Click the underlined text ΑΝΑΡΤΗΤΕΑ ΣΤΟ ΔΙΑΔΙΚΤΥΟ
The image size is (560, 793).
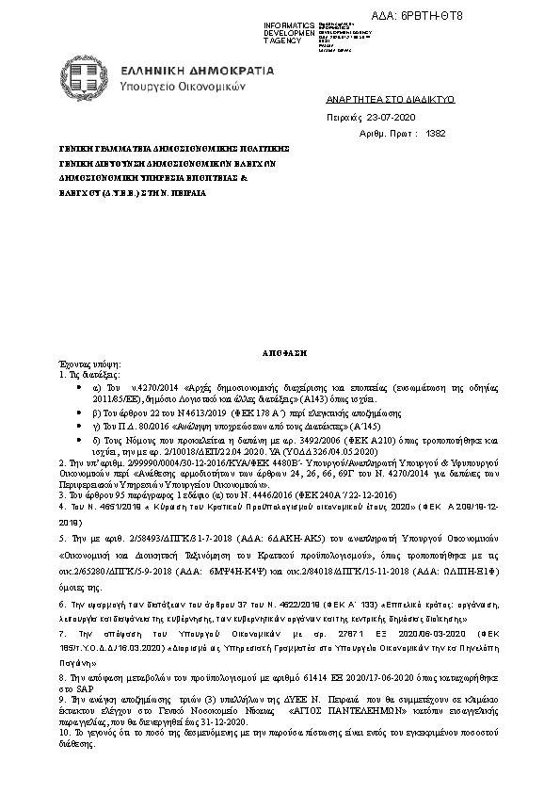point(376,98)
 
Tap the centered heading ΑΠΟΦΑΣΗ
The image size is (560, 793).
point(280,350)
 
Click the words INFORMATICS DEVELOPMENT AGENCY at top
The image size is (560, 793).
point(289,31)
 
